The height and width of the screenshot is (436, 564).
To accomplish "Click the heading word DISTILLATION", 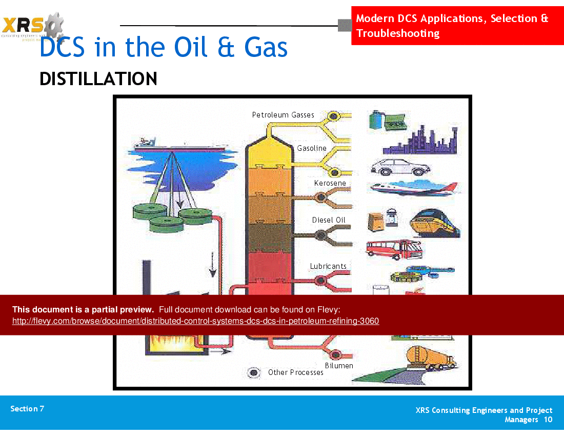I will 98,79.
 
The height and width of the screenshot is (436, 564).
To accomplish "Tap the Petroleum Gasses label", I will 283,115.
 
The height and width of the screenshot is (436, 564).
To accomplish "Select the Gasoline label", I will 312,148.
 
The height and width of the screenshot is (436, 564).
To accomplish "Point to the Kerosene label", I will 330,183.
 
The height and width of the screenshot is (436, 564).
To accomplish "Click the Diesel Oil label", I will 329,220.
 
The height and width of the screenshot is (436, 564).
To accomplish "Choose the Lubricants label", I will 328,266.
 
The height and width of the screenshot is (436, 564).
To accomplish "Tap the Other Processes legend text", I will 296,372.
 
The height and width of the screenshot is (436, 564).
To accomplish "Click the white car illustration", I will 400,167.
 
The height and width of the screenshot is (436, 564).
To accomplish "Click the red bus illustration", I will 394,249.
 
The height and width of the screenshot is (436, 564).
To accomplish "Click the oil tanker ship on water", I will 179,145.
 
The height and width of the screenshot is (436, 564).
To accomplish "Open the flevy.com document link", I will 195,321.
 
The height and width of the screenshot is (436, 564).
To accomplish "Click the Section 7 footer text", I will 27,409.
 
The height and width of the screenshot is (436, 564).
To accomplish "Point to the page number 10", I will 548,420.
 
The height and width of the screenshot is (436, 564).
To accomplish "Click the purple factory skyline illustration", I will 420,141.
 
